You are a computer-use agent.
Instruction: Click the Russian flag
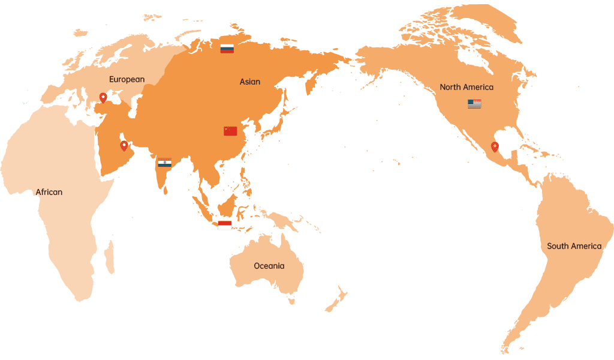(227, 49)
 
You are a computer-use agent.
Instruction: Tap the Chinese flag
(230, 131)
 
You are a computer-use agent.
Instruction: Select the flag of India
(164, 162)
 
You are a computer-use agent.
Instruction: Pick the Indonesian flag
(225, 225)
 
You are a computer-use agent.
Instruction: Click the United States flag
(474, 104)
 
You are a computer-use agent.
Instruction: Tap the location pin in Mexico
(495, 146)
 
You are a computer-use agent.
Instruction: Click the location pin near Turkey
(103, 97)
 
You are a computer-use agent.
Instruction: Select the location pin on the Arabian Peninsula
(124, 145)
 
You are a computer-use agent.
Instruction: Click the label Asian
(250, 82)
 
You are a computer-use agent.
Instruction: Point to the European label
(127, 79)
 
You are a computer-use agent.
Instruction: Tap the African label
(49, 192)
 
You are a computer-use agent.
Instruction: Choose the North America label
(466, 87)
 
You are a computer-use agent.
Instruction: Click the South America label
(574, 246)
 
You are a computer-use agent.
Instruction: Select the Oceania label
(269, 266)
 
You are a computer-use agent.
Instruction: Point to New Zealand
(337, 298)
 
